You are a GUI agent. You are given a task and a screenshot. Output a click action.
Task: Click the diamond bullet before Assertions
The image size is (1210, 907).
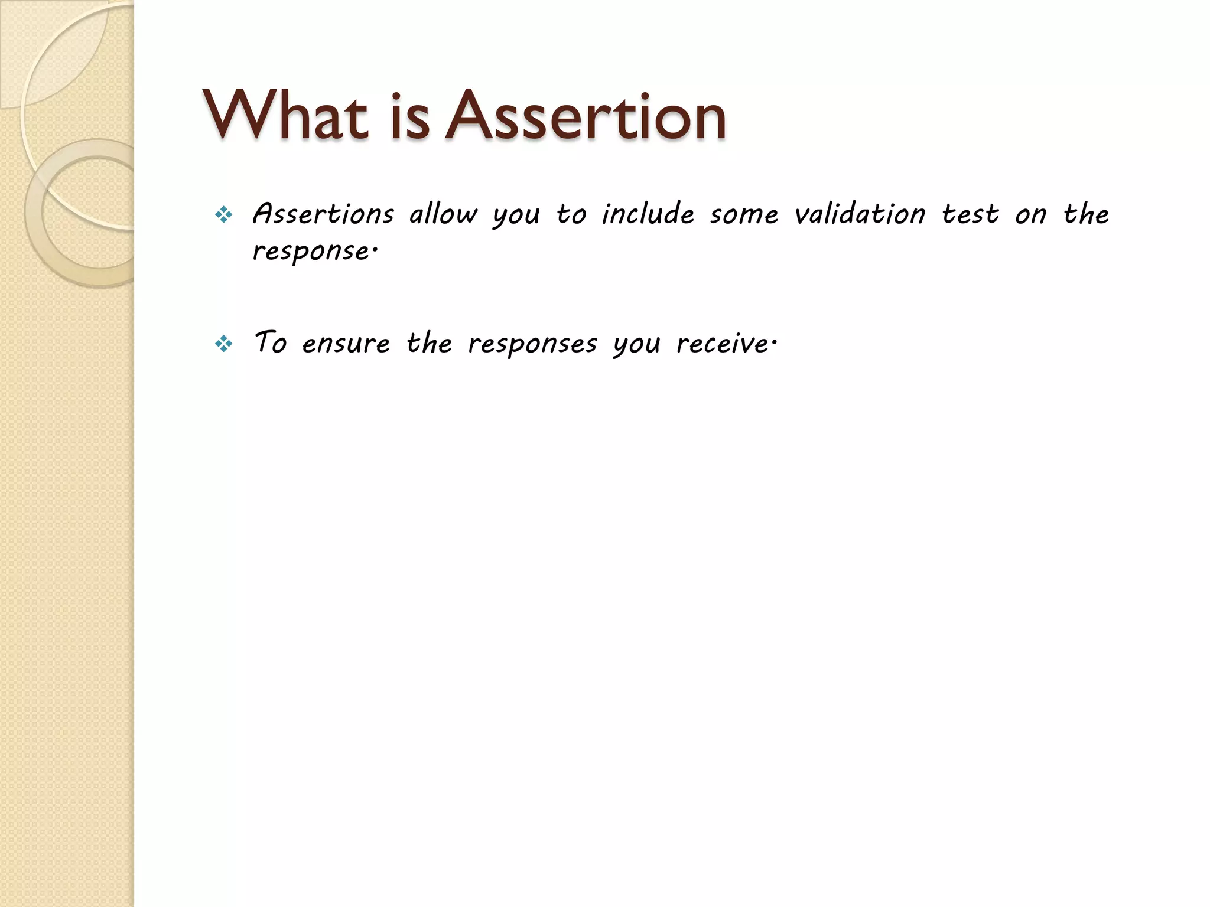[x=224, y=215]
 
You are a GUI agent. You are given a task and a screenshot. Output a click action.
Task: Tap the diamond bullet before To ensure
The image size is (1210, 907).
[x=224, y=344]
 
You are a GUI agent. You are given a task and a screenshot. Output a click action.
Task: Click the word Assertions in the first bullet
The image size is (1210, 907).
[x=323, y=214]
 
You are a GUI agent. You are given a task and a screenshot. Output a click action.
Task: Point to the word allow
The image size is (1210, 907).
[x=443, y=214]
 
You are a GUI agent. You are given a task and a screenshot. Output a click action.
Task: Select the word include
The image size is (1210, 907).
[x=648, y=214]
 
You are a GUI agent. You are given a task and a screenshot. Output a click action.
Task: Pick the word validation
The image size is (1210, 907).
[x=860, y=214]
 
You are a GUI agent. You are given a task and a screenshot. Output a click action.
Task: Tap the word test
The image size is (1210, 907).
[x=970, y=214]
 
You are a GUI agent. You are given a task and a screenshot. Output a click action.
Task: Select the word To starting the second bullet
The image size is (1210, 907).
[x=270, y=342]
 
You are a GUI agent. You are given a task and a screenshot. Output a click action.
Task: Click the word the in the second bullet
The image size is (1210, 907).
[x=429, y=342]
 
